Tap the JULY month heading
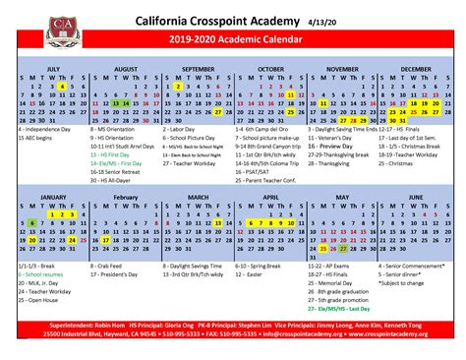[53, 69]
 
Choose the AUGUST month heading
[126, 69]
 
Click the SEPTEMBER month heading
[198, 69]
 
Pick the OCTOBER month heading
[270, 69]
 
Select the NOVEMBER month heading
[342, 69]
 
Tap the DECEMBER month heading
[415, 69]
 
